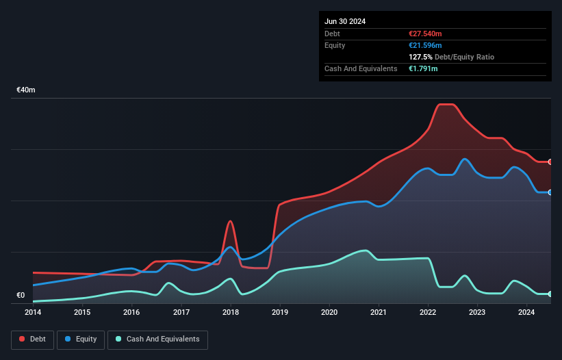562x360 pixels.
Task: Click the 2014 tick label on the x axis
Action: click(33, 313)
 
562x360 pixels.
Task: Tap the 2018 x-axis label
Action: click(231, 313)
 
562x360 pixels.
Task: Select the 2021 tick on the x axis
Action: click(379, 313)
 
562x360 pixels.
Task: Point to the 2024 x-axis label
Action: click(526, 313)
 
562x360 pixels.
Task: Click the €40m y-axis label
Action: click(26, 90)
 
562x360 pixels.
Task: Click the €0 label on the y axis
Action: click(21, 296)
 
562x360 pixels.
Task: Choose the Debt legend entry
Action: click(32, 339)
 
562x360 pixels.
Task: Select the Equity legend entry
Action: click(81, 339)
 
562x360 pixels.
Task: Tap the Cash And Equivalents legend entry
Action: click(157, 339)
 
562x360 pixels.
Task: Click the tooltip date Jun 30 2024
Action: click(345, 21)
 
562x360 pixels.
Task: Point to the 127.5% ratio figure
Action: click(419, 57)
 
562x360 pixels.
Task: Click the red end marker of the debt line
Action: click(550, 162)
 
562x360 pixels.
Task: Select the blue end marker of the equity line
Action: click(550, 192)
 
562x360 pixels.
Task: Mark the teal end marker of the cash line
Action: click(550, 294)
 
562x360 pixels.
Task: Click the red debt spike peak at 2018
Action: click(231, 221)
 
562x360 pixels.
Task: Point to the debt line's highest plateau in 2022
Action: click(445, 104)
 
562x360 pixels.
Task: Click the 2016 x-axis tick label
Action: click(131, 313)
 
